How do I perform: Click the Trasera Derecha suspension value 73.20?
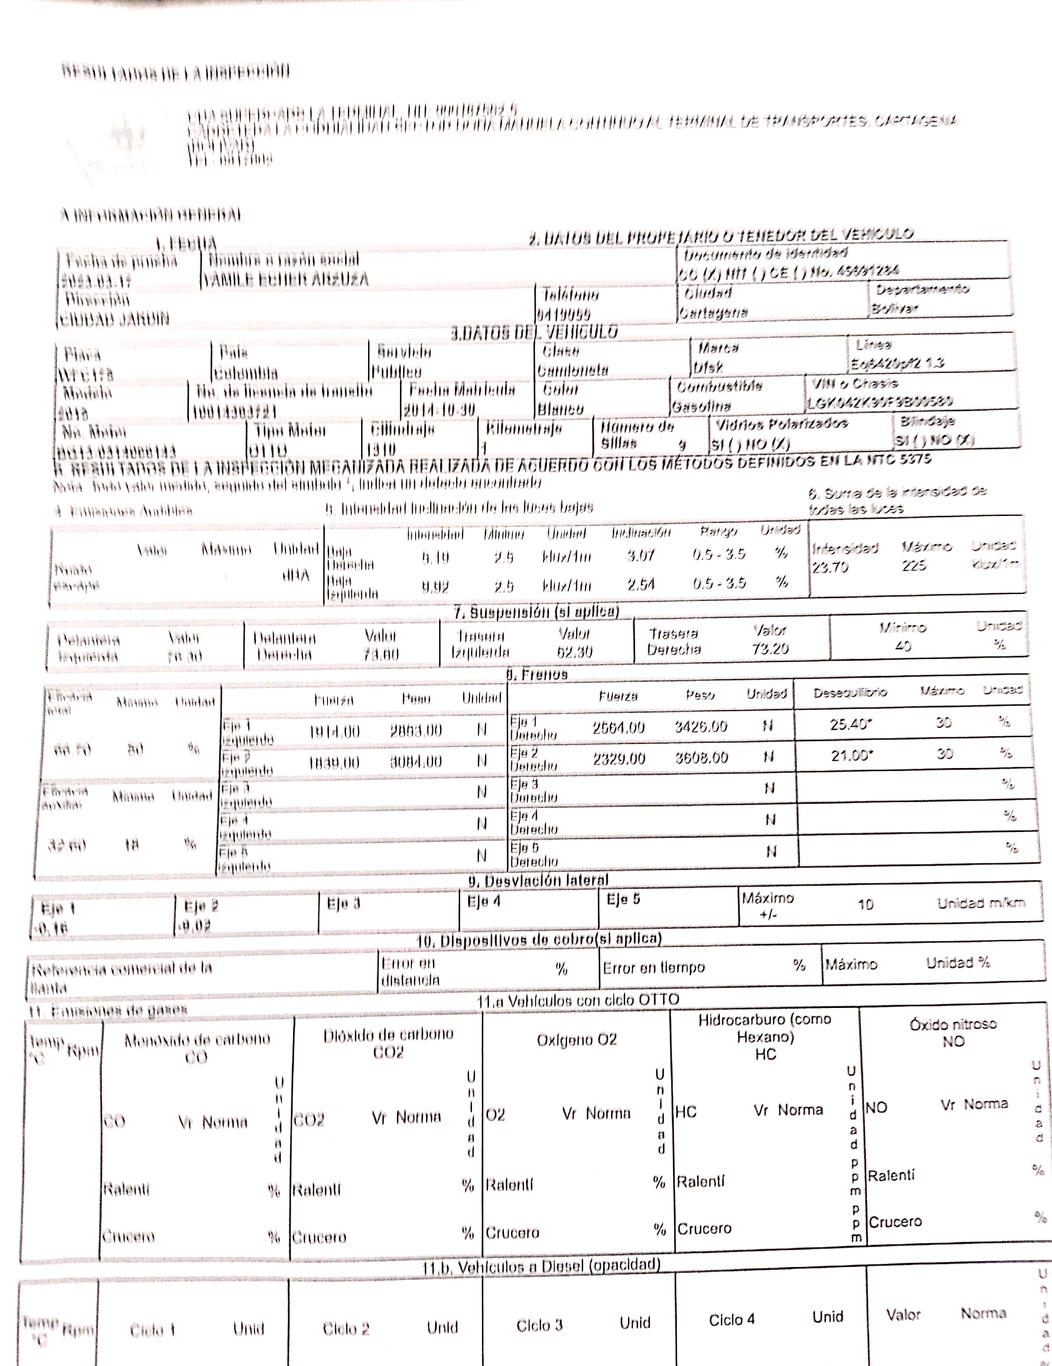[x=770, y=648]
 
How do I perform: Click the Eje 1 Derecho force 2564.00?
[x=618, y=727]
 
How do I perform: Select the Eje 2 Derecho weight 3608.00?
[x=701, y=758]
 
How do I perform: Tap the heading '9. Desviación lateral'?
[x=538, y=880]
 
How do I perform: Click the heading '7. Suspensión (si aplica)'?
[x=536, y=611]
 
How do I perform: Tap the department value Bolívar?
[x=894, y=308]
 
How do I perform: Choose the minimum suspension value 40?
[x=902, y=645]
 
